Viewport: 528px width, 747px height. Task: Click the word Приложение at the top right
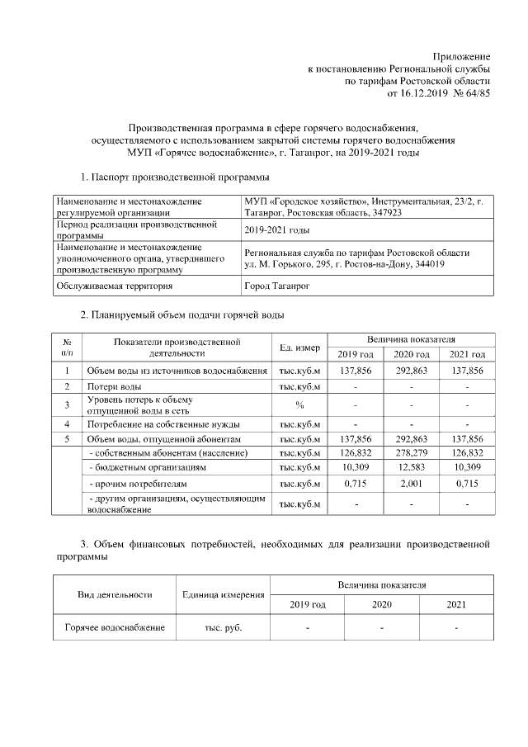(x=462, y=54)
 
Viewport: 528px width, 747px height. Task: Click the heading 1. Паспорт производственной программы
(x=174, y=177)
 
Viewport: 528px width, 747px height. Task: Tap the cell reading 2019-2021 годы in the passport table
(x=276, y=229)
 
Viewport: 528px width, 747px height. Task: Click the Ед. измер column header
(x=300, y=347)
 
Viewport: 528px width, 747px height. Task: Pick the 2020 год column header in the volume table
(x=411, y=354)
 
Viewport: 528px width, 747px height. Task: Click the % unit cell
(x=300, y=404)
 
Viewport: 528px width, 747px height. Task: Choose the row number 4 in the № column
(x=66, y=423)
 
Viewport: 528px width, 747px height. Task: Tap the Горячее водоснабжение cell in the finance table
(x=115, y=628)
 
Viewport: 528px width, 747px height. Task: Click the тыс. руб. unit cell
(x=223, y=628)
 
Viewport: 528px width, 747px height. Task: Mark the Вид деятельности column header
(x=115, y=594)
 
